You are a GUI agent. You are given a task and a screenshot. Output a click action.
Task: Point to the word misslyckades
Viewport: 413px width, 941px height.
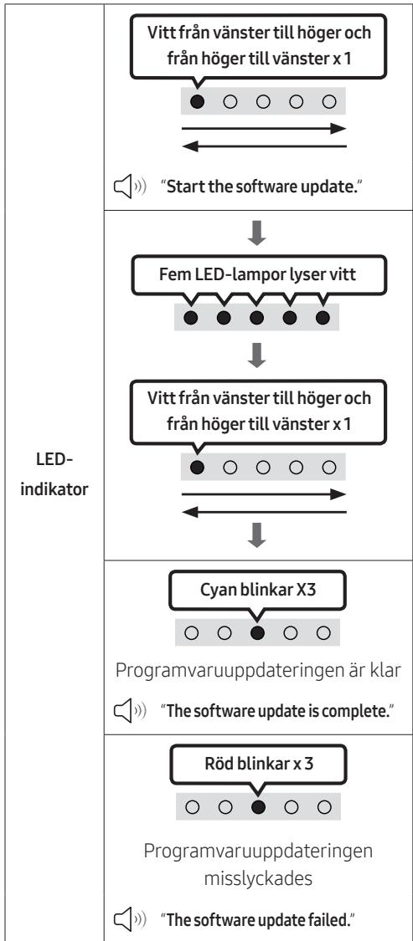[x=258, y=878]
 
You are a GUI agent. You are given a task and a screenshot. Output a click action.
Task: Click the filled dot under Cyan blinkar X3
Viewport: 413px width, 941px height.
[x=257, y=632]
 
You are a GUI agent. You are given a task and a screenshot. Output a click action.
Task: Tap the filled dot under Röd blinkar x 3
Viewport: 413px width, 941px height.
[x=259, y=807]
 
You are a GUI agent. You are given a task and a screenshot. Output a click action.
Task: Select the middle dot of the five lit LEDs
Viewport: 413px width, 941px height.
[x=256, y=318]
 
